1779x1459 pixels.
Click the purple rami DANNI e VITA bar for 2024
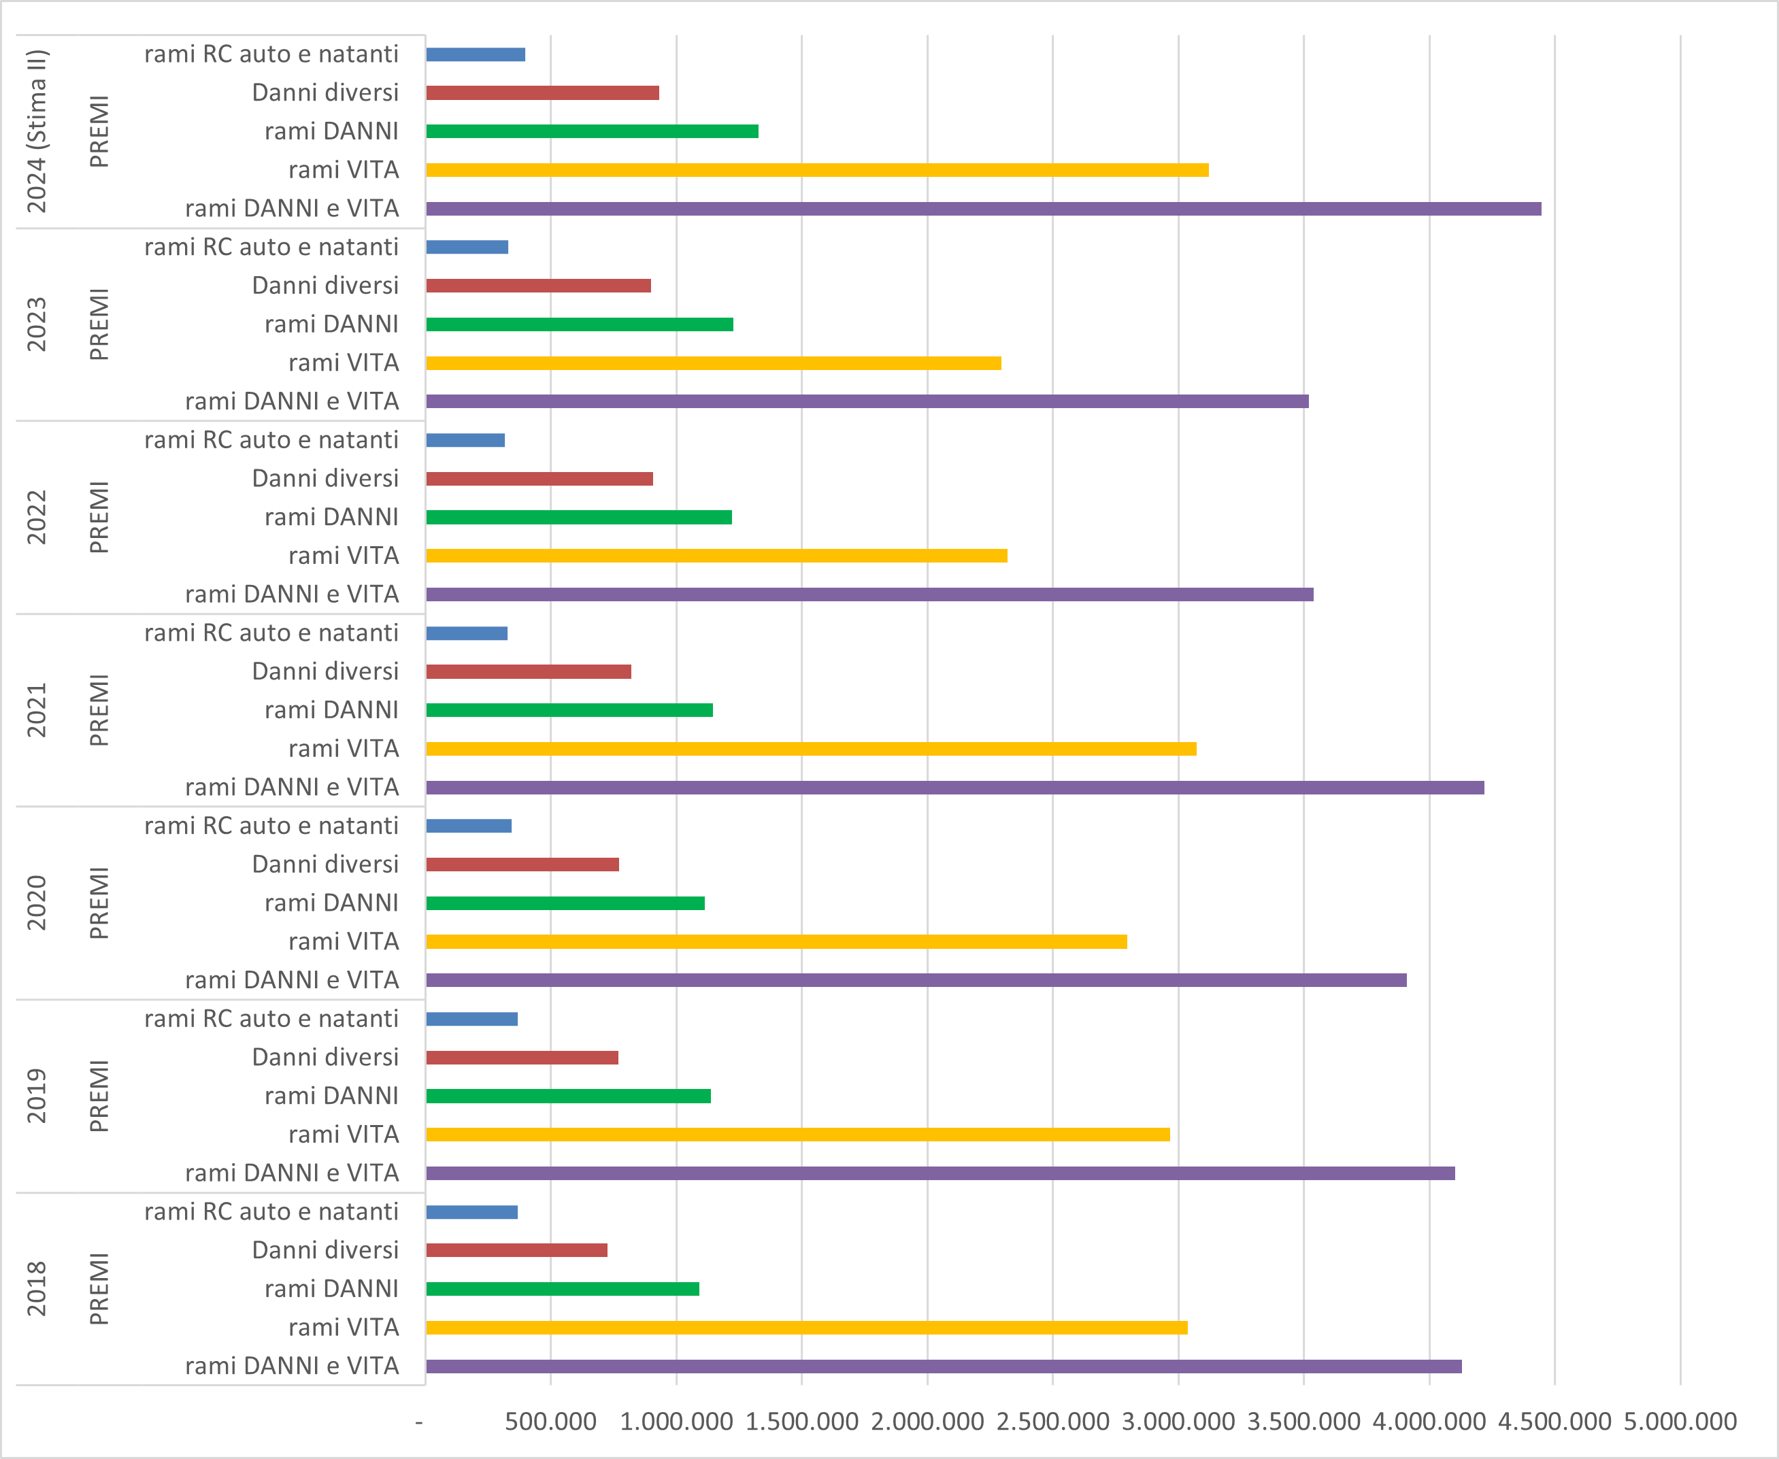click(983, 208)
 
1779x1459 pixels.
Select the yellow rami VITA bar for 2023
click(713, 363)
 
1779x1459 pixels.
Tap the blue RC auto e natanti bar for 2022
click(465, 440)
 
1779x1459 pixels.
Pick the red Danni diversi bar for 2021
click(528, 671)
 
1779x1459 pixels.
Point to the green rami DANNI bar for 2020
click(565, 903)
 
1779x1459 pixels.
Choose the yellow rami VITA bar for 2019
click(797, 1135)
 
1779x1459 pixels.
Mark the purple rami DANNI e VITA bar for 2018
click(944, 1366)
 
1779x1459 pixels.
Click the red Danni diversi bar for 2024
click(542, 93)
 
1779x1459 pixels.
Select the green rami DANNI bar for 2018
click(563, 1289)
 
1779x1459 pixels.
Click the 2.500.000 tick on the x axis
click(1052, 1421)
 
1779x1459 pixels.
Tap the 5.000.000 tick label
click(1680, 1421)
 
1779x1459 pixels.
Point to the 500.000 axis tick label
click(550, 1421)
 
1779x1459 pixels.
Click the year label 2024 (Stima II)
click(37, 131)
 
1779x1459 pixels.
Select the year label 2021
click(37, 710)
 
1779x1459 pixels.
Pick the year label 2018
click(37, 1289)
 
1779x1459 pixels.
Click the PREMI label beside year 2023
click(99, 324)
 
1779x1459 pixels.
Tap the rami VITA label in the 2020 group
click(343, 941)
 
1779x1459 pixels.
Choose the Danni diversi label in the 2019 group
click(325, 1057)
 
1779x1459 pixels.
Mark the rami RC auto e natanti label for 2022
click(271, 439)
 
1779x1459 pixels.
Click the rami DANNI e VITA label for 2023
click(292, 401)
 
